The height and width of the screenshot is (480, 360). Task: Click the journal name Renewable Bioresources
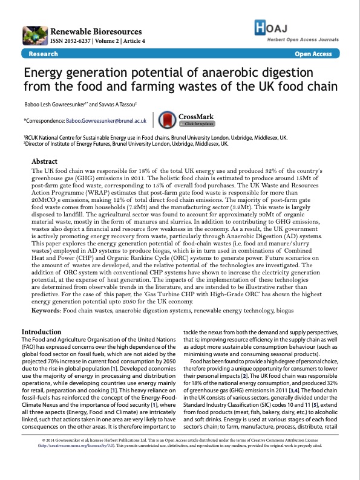[x=97, y=31]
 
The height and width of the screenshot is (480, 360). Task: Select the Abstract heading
[x=44, y=162]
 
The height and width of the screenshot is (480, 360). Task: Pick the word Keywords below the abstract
[x=46, y=310]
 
